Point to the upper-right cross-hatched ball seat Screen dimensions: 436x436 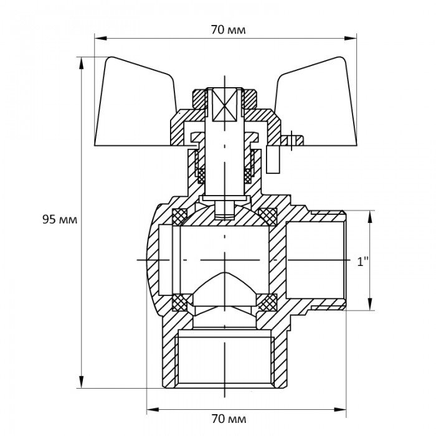click(268, 217)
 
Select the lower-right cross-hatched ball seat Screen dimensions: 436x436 click(268, 303)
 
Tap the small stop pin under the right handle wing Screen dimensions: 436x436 click(290, 141)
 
